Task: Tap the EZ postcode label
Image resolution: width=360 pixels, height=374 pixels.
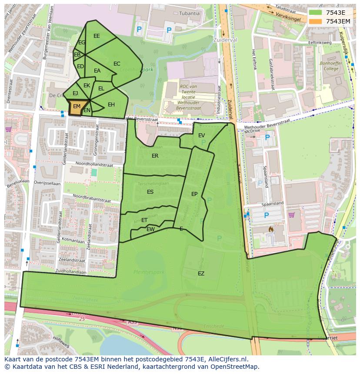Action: click(x=201, y=274)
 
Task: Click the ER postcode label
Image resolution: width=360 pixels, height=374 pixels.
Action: click(x=155, y=156)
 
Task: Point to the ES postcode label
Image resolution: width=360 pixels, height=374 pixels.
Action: click(x=150, y=192)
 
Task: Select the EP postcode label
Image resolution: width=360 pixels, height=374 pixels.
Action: click(x=194, y=194)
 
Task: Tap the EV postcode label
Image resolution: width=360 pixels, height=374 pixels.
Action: click(x=201, y=136)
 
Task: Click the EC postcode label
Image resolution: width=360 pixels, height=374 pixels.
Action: click(x=117, y=64)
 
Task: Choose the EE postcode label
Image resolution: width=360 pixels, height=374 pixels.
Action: click(x=97, y=36)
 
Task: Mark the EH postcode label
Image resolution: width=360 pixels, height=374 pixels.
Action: click(x=111, y=105)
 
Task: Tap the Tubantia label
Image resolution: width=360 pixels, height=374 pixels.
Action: click(x=189, y=13)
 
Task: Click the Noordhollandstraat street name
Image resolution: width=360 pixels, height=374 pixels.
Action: click(x=94, y=164)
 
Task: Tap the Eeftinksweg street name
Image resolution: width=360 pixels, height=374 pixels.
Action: click(x=320, y=43)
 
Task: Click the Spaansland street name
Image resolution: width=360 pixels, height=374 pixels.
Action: click(x=273, y=203)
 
